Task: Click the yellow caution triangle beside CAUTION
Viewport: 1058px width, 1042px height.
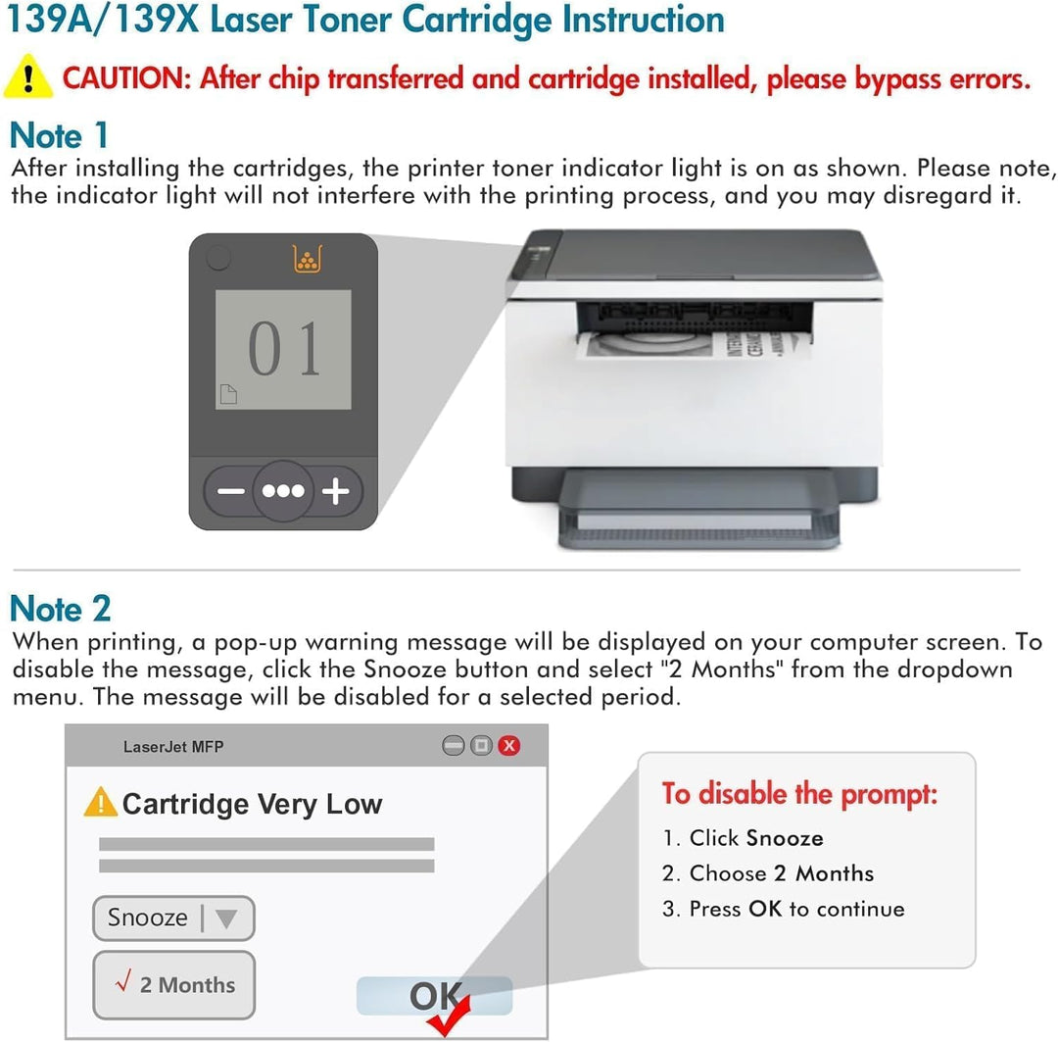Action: pos(28,77)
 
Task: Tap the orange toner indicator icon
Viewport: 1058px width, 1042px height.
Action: pos(307,259)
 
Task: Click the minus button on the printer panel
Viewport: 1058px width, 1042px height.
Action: pos(231,491)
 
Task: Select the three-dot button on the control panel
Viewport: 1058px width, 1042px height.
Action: pos(283,491)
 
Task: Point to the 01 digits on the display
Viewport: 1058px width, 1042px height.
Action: pos(283,349)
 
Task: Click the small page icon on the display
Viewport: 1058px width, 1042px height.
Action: pos(227,394)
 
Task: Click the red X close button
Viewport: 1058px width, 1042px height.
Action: pos(509,746)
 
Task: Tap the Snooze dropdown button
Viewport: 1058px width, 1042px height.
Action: pos(173,918)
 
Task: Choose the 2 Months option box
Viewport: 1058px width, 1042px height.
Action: pos(173,984)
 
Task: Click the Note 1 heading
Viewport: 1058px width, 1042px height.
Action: pos(59,135)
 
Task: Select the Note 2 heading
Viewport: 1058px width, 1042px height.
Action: pos(60,609)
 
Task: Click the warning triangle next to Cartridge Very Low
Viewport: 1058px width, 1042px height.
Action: pos(100,803)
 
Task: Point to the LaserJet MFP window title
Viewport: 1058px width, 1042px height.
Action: pos(173,747)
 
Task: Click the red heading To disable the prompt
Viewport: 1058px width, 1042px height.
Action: pos(799,793)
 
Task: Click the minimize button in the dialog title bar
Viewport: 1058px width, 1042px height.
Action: pos(453,746)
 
